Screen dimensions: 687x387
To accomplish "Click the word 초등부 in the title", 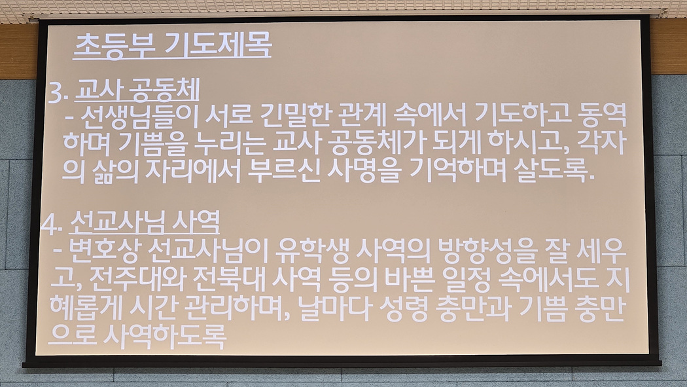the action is (x=114, y=45).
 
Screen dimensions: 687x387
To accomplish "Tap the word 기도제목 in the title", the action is (x=218, y=45).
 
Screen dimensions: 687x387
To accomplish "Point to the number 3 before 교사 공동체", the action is (x=56, y=93).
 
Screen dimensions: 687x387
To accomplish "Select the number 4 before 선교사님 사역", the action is (x=50, y=225).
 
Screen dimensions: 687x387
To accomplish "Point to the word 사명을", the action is (x=364, y=170).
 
